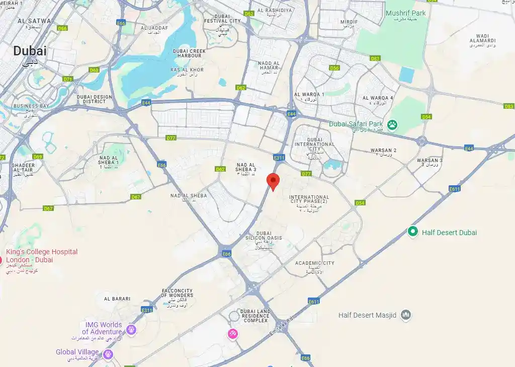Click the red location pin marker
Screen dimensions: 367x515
273,180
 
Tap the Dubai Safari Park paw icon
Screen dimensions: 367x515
392,124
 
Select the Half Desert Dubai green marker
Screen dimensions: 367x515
413,232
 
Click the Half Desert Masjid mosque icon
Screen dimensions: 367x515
406,315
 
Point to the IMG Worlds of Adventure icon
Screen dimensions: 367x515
131,330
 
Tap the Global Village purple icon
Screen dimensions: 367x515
108,354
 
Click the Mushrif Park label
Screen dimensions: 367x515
405,13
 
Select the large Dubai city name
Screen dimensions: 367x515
30,51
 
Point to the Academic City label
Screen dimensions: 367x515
314,263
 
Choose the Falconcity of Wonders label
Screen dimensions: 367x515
178,293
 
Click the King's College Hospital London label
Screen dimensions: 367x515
42,256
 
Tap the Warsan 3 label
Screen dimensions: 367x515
430,160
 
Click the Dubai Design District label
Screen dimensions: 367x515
95,99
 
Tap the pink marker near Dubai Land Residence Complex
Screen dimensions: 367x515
232,333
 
